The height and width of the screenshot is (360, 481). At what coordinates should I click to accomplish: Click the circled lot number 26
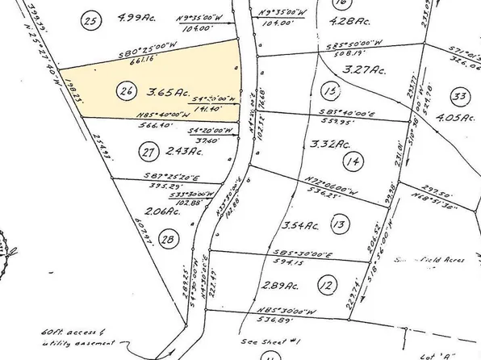click(125, 91)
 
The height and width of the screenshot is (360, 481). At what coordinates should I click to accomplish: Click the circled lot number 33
click(462, 98)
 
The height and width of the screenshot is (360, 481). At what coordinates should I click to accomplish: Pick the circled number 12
click(325, 285)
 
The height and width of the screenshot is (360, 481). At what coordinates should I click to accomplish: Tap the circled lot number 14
click(349, 161)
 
